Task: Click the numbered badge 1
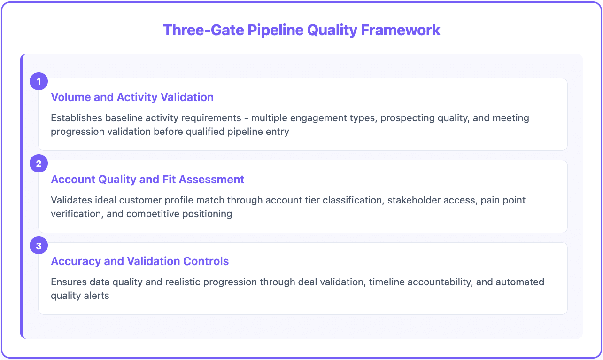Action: click(x=39, y=82)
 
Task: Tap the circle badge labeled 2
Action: click(x=39, y=164)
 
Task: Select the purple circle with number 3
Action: click(x=39, y=246)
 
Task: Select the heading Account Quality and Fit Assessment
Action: click(x=147, y=180)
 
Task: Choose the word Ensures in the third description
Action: click(x=68, y=282)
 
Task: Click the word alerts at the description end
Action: click(x=97, y=296)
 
